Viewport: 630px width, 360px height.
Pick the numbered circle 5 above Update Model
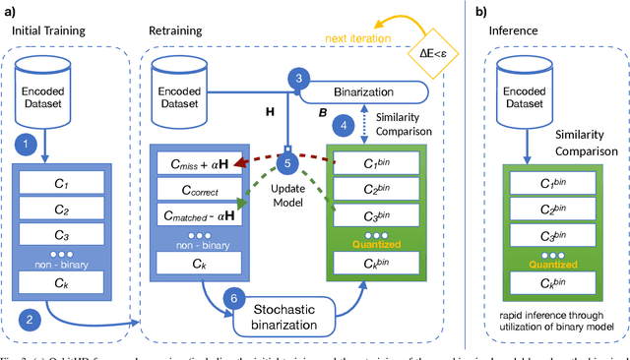pos(288,164)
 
